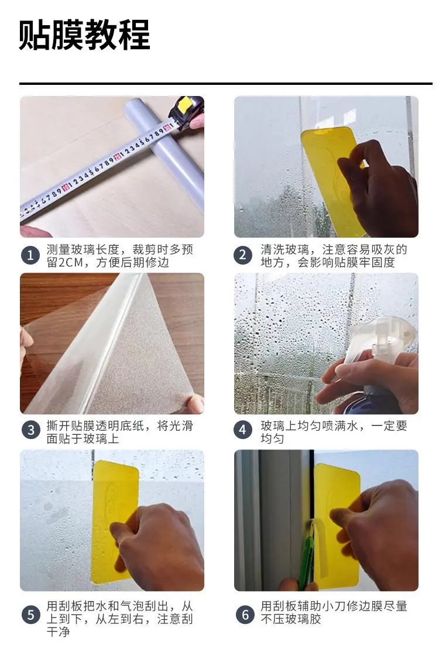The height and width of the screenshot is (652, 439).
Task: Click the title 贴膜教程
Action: (84, 35)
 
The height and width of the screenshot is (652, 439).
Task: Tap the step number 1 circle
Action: (30, 255)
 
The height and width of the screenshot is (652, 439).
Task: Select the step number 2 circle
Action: (243, 255)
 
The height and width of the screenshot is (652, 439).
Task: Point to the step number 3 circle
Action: (30, 430)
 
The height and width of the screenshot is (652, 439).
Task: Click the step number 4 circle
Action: (243, 430)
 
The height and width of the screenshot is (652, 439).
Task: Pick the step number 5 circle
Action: (30, 615)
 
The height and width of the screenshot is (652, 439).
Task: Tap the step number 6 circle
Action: (245, 615)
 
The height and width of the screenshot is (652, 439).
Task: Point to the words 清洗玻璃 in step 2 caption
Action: (285, 249)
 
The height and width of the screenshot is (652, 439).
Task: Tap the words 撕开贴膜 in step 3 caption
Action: (71, 426)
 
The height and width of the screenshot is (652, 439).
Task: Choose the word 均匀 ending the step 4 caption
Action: (273, 439)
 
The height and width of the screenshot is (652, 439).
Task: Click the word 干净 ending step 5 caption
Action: (59, 632)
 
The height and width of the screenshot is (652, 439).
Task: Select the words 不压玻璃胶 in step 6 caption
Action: (291, 619)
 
